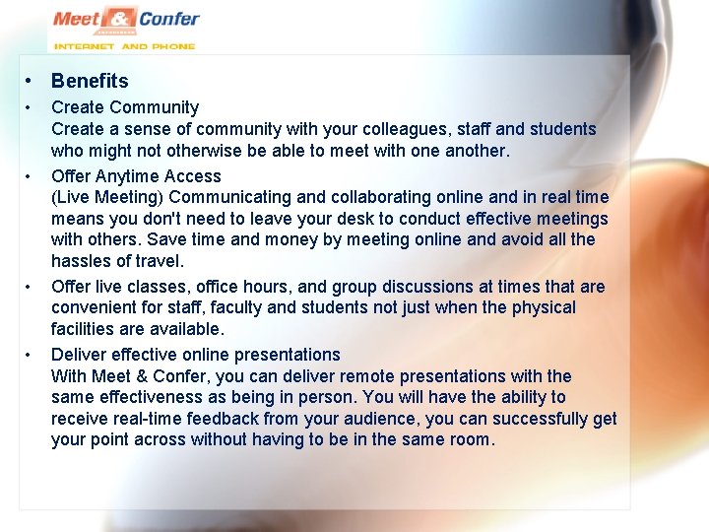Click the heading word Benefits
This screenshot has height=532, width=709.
click(x=90, y=82)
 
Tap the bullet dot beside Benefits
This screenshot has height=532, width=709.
click(x=32, y=82)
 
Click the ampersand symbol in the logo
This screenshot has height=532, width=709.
click(x=120, y=19)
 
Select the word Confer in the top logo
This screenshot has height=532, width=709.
click(x=168, y=19)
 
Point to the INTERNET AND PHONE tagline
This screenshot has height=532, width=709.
click(x=124, y=45)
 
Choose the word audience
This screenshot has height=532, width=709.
click(x=369, y=419)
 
